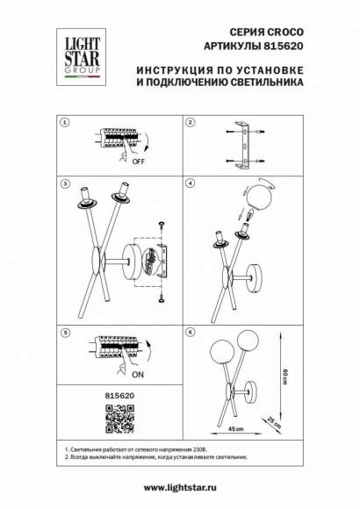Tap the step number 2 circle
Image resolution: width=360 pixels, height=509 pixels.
189,123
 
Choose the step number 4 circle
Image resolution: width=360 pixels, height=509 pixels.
189,185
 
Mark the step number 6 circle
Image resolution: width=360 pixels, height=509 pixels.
189,333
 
